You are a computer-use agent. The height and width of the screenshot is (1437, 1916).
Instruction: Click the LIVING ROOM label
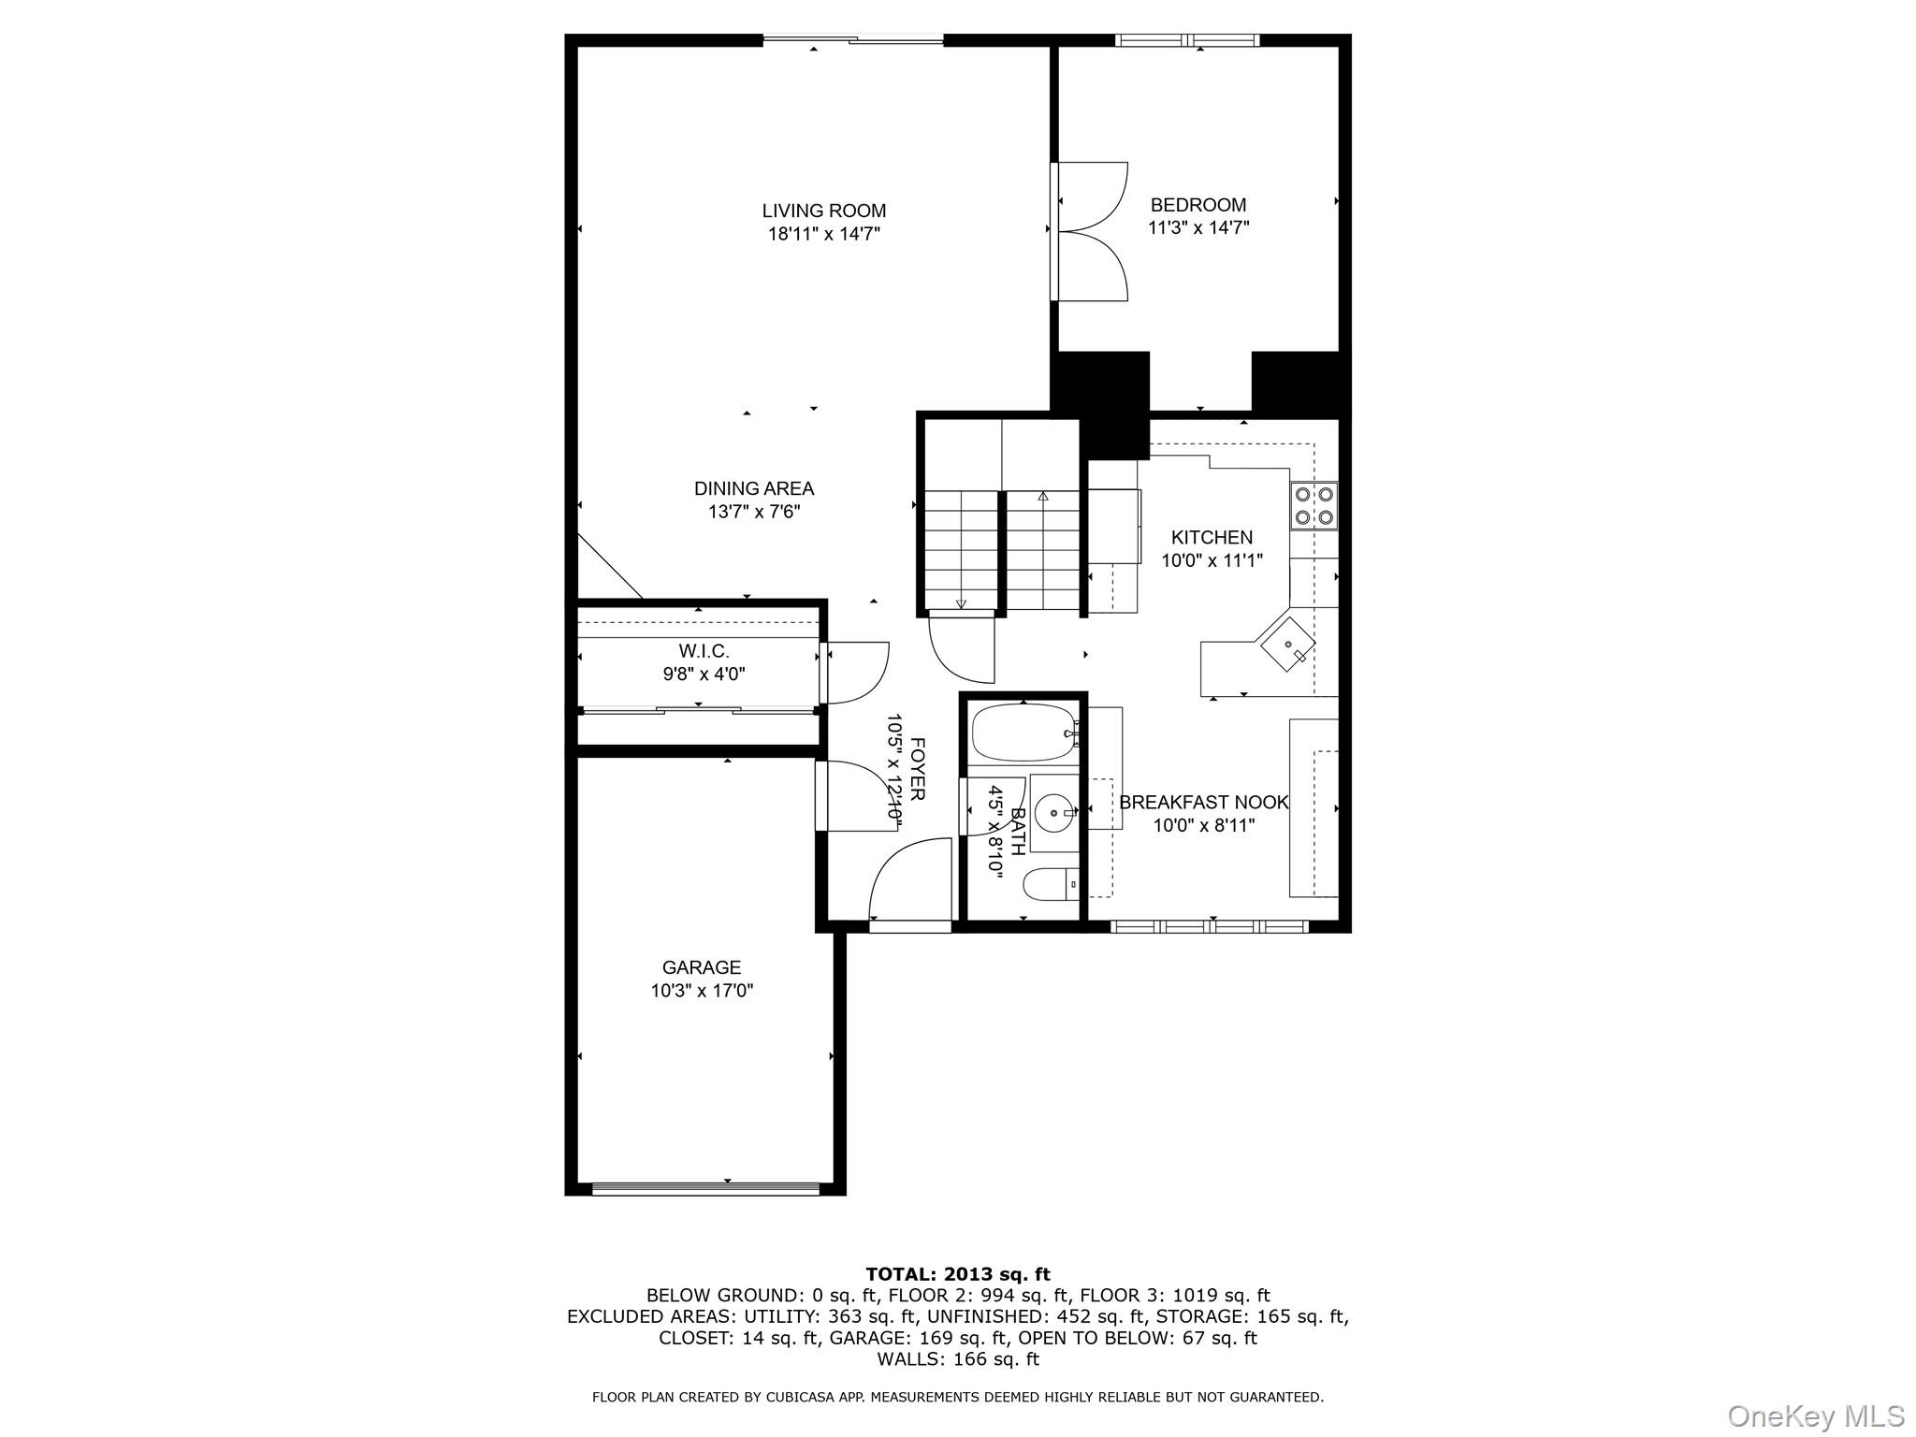pos(823,211)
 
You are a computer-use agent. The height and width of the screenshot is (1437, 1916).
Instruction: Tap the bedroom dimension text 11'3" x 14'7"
pos(1198,227)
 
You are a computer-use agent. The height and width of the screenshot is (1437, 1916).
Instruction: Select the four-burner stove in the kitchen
pos(1314,505)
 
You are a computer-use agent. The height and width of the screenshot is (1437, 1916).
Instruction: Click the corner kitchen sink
pos(1287,644)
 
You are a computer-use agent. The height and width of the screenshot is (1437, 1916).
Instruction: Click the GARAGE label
pos(702,967)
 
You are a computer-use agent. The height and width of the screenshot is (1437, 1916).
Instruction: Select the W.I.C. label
pos(704,651)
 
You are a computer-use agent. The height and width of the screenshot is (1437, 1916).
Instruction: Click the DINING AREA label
pos(754,488)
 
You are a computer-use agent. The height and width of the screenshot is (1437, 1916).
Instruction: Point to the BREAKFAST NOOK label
pos(1203,803)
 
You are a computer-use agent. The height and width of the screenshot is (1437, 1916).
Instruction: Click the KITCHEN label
pos(1212,537)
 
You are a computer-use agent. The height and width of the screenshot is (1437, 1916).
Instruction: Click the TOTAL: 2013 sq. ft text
pos(957,1274)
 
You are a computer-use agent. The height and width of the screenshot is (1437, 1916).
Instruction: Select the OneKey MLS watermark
pos(1815,1415)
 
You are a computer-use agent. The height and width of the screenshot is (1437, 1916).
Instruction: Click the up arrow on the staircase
pos(1043,497)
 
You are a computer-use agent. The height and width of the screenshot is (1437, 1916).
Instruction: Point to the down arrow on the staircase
pos(961,603)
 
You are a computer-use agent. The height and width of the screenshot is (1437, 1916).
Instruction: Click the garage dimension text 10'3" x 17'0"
pos(702,991)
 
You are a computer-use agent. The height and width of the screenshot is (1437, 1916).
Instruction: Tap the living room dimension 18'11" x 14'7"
pos(823,234)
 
